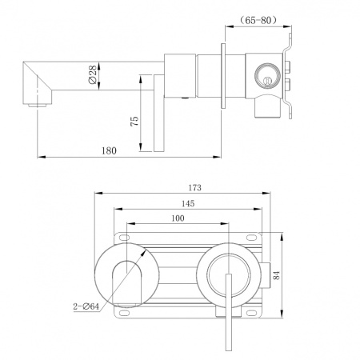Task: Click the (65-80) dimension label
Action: [258, 20]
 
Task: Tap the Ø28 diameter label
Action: [92, 75]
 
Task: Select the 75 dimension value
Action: [134, 121]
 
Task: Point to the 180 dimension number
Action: [109, 151]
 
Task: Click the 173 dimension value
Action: [194, 188]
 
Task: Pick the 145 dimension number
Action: [188, 204]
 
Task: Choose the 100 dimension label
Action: [178, 218]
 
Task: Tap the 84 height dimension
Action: [277, 275]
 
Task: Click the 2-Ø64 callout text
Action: [86, 306]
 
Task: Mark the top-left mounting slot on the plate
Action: [123, 238]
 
